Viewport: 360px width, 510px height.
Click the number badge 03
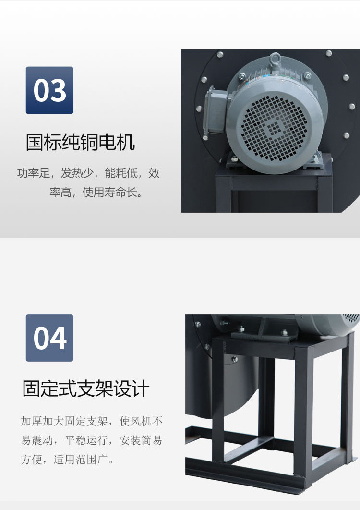49,90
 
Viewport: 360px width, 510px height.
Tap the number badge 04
49,338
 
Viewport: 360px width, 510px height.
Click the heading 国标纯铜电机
80,142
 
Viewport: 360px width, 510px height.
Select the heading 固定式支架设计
86,389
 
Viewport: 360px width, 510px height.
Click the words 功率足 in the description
34,173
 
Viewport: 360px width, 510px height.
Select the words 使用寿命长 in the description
109,192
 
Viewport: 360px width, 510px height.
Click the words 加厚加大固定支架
64,421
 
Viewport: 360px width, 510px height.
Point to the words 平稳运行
86,440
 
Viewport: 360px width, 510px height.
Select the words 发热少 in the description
77,173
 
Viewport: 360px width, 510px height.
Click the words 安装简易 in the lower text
141,440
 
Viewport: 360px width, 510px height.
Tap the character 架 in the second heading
104,389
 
